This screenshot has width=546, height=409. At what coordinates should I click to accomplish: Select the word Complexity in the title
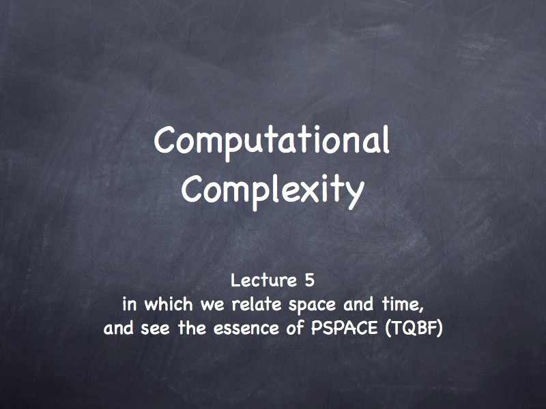(272, 192)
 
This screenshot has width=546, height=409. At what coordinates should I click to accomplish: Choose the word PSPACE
(344, 328)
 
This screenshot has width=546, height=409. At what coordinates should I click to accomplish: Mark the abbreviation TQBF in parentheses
(414, 329)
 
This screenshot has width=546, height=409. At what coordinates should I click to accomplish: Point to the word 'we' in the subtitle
(212, 305)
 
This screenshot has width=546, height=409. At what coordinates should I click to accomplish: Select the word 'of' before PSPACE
(295, 328)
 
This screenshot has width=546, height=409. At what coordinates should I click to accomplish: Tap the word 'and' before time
(358, 304)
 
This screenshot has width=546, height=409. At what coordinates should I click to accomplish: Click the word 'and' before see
(118, 328)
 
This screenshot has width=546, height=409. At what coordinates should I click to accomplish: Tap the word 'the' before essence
(192, 328)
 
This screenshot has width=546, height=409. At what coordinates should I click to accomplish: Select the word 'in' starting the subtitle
(129, 305)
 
